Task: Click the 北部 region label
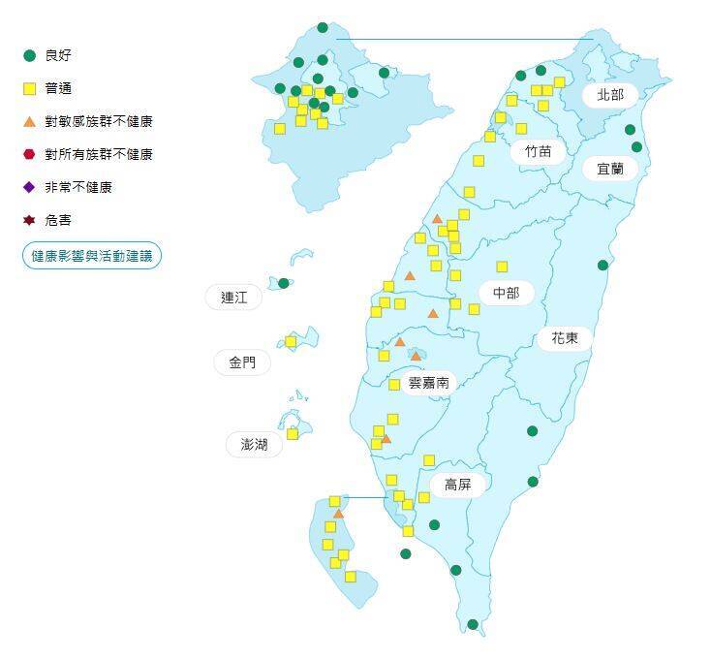[610, 95]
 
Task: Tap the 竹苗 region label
[538, 151]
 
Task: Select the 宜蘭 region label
[610, 168]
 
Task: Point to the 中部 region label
[506, 292]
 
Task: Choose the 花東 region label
[565, 338]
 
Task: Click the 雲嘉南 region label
[428, 383]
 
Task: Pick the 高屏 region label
[457, 485]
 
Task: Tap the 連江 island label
[234, 298]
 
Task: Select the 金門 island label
[242, 362]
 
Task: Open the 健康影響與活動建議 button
[91, 256]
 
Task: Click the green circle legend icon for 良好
[30, 55]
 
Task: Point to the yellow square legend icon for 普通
[30, 88]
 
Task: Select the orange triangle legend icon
[30, 121]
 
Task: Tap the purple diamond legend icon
[30, 187]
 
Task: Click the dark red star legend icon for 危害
[30, 220]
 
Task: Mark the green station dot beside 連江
[284, 283]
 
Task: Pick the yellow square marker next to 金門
[291, 341]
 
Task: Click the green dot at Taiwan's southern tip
[473, 624]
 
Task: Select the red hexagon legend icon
[30, 154]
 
